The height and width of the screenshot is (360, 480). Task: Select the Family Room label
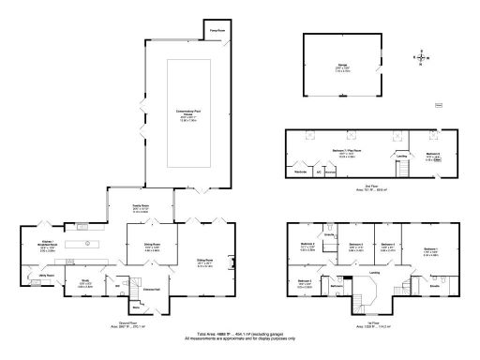click(142, 204)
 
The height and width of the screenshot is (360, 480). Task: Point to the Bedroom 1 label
click(430, 252)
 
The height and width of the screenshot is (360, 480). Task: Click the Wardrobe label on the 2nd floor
click(303, 172)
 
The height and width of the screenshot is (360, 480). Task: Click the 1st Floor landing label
click(374, 273)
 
